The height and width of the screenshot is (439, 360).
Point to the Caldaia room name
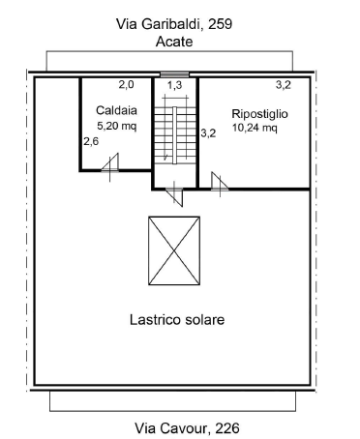[x=116, y=111]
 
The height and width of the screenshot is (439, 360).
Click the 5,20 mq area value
[x=117, y=126]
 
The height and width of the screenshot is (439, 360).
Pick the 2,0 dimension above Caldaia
[x=126, y=85]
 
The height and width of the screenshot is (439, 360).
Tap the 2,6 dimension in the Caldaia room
[x=91, y=141]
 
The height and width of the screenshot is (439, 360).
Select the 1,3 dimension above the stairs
[x=174, y=86]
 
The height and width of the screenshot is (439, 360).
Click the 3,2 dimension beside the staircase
[x=208, y=133]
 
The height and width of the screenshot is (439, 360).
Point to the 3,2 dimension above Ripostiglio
[x=284, y=85]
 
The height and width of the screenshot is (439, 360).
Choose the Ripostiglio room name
[x=259, y=113]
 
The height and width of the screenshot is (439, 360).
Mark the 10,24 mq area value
[x=255, y=127]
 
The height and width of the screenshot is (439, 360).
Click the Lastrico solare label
[x=177, y=319]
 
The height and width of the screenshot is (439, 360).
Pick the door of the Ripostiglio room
[x=219, y=181]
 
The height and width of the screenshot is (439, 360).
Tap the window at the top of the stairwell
[x=174, y=75]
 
